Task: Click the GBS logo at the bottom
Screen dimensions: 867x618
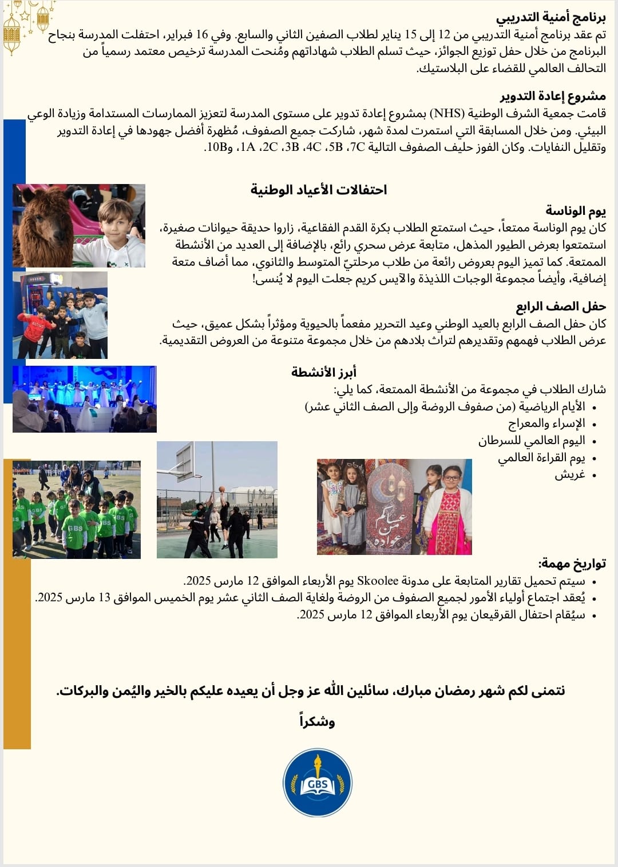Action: [x=318, y=782]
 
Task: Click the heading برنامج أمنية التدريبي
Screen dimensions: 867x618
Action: [x=550, y=18]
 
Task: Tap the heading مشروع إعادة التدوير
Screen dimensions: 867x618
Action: [x=553, y=96]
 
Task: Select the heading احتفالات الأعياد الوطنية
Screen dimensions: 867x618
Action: [x=319, y=190]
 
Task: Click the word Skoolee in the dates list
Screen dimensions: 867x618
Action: [x=378, y=581]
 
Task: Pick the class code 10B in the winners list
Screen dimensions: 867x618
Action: [x=216, y=147]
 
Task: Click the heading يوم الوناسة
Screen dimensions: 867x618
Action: [x=575, y=211]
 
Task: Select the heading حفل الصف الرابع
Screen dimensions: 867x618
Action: [x=561, y=307]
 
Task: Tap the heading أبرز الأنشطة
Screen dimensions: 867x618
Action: [x=324, y=373]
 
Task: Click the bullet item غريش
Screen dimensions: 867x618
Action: [x=569, y=475]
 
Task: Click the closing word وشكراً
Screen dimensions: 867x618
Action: [x=317, y=722]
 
